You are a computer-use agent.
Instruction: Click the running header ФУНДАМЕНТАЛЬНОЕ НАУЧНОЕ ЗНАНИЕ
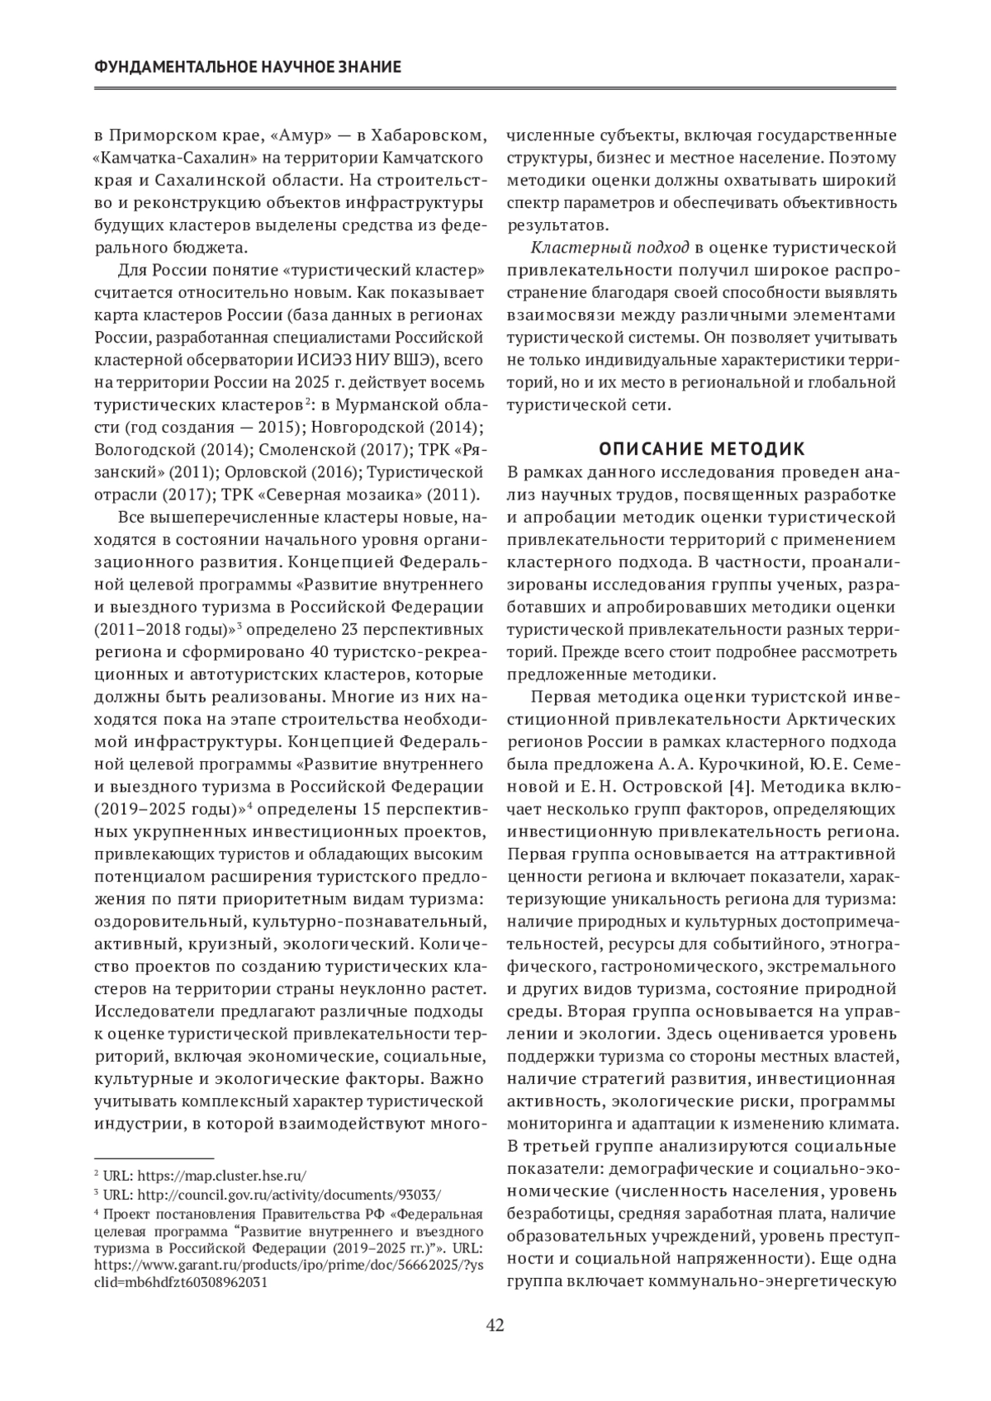[x=249, y=66]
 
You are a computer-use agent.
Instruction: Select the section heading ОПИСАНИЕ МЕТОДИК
[x=701, y=449]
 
